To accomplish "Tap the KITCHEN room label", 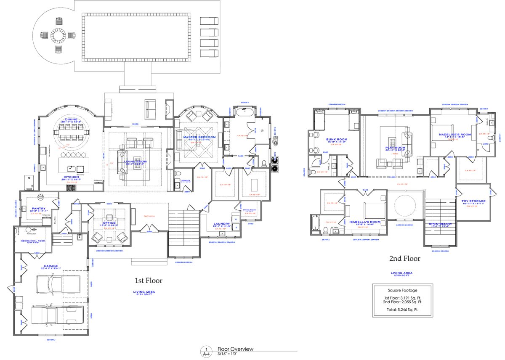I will pyautogui.click(x=71, y=177).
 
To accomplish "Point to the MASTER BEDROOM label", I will pyautogui.click(x=199, y=137).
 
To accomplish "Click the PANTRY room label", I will pyautogui.click(x=38, y=207).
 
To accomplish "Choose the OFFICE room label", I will pyautogui.click(x=109, y=223).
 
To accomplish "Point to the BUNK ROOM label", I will pyautogui.click(x=337, y=139).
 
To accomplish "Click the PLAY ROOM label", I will pyautogui.click(x=395, y=148).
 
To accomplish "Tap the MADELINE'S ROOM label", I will pyautogui.click(x=454, y=135).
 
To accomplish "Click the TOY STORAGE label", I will pyautogui.click(x=473, y=201).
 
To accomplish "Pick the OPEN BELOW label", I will pyautogui.click(x=440, y=223).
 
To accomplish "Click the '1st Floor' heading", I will pyautogui.click(x=148, y=280).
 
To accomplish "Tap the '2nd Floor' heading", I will pyautogui.click(x=404, y=258).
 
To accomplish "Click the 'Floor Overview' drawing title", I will pyautogui.click(x=235, y=349).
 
